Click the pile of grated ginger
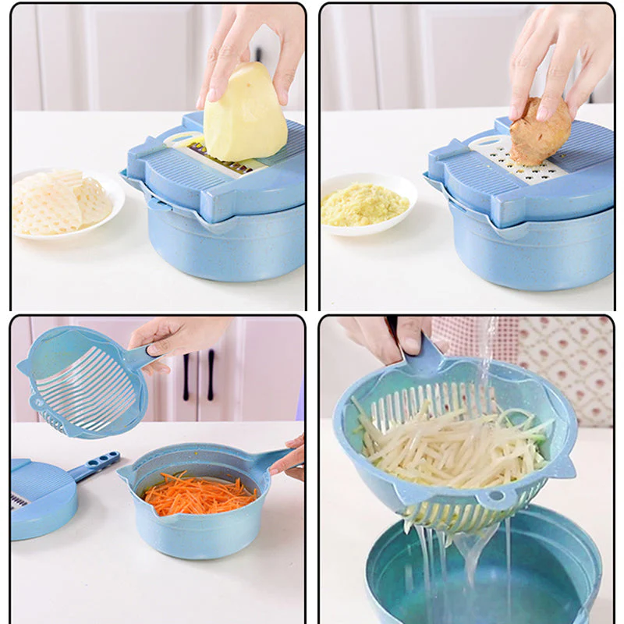(364, 205)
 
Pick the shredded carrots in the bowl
(199, 493)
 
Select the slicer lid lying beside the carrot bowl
(43, 499)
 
